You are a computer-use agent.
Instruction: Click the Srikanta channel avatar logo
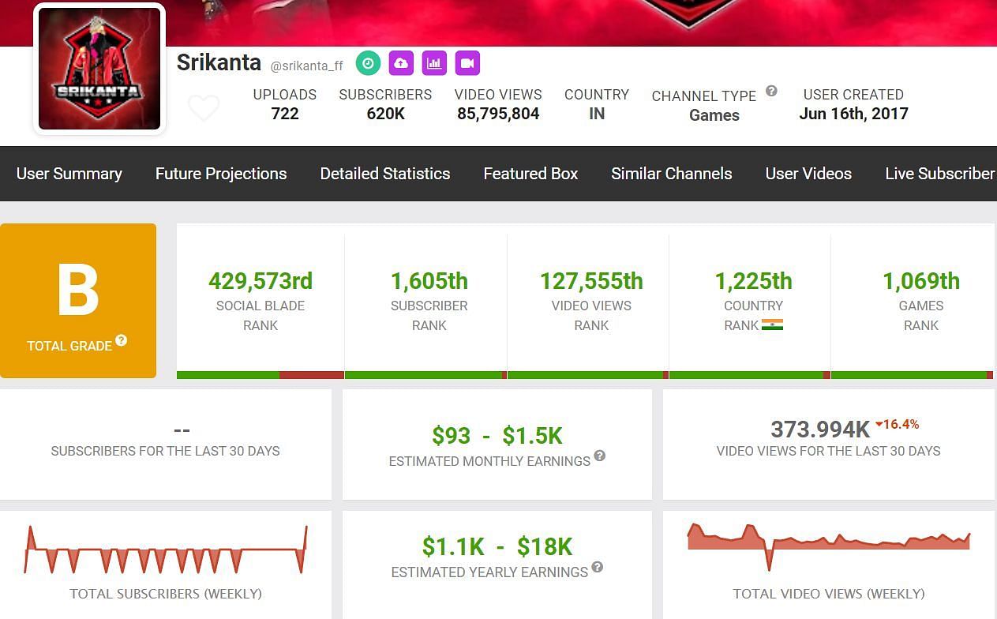pyautogui.click(x=99, y=69)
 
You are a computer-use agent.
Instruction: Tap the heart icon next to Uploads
pyautogui.click(x=204, y=107)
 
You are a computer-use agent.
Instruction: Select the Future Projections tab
pyautogui.click(x=221, y=174)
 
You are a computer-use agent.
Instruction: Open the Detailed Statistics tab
pyautogui.click(x=385, y=174)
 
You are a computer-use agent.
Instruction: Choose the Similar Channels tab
pyautogui.click(x=671, y=174)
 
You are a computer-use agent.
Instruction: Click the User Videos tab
pyautogui.click(x=808, y=174)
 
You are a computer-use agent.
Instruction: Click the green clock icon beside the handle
pyautogui.click(x=368, y=63)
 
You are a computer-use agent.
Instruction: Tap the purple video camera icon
pyautogui.click(x=467, y=63)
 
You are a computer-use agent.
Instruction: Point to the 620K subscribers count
pyautogui.click(x=385, y=114)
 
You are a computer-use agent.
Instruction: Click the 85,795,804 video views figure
pyautogui.click(x=498, y=114)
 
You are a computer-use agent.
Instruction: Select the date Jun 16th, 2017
pyautogui.click(x=853, y=114)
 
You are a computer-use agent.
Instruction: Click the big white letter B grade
pyautogui.click(x=78, y=290)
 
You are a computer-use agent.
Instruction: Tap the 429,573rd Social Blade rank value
pyautogui.click(x=260, y=281)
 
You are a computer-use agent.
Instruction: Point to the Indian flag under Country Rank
pyautogui.click(x=772, y=325)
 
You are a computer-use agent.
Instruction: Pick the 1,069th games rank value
pyautogui.click(x=920, y=281)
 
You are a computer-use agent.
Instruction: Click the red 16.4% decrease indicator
pyautogui.click(x=898, y=425)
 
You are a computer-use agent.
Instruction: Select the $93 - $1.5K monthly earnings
pyautogui.click(x=497, y=436)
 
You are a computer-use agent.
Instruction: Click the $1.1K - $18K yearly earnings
pyautogui.click(x=497, y=546)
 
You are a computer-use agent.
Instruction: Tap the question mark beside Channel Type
pyautogui.click(x=771, y=91)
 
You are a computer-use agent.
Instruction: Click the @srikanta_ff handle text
pyautogui.click(x=306, y=66)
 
